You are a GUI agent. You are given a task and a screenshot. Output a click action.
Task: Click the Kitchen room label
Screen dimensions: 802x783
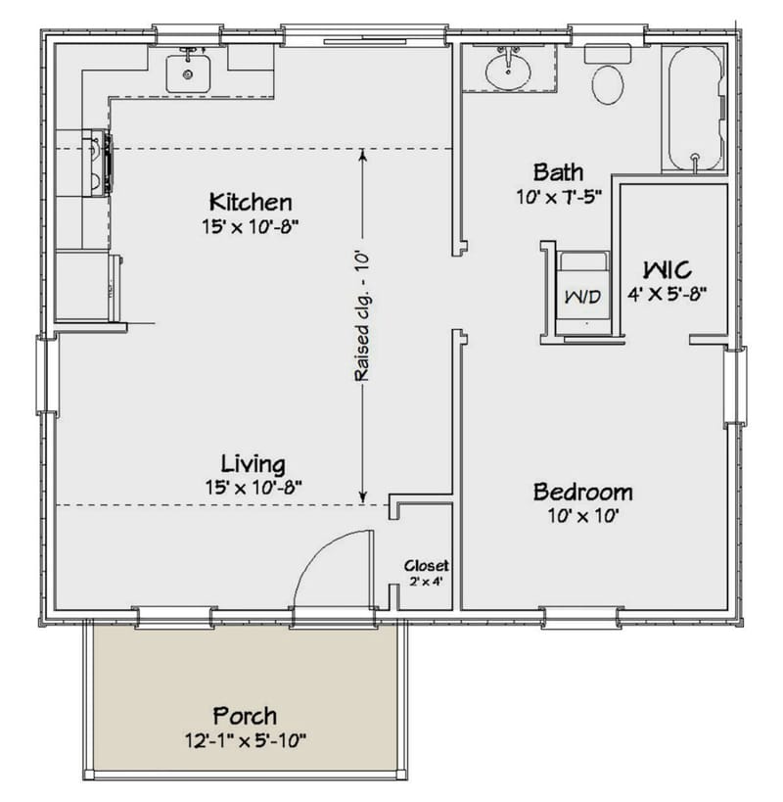point(250,203)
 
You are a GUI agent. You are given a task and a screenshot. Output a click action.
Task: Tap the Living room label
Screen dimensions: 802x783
point(252,463)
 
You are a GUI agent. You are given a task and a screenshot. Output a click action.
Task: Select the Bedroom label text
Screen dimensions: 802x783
point(582,492)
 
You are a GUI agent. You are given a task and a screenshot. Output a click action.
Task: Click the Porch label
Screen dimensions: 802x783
point(245,715)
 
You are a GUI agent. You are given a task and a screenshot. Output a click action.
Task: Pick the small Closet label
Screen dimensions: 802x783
point(427,566)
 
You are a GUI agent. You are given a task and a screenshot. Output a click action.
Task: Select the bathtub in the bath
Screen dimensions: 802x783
point(694,108)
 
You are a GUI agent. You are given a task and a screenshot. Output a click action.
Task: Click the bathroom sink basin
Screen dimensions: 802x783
point(508,71)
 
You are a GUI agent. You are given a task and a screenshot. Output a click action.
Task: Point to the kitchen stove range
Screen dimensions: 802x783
point(101,163)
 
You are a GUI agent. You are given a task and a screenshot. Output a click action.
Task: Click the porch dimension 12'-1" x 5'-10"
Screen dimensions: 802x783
point(245,739)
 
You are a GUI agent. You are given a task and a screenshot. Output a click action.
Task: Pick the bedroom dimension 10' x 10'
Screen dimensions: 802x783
point(582,515)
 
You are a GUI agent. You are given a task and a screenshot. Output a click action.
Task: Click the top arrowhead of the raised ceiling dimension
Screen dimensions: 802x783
point(362,154)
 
